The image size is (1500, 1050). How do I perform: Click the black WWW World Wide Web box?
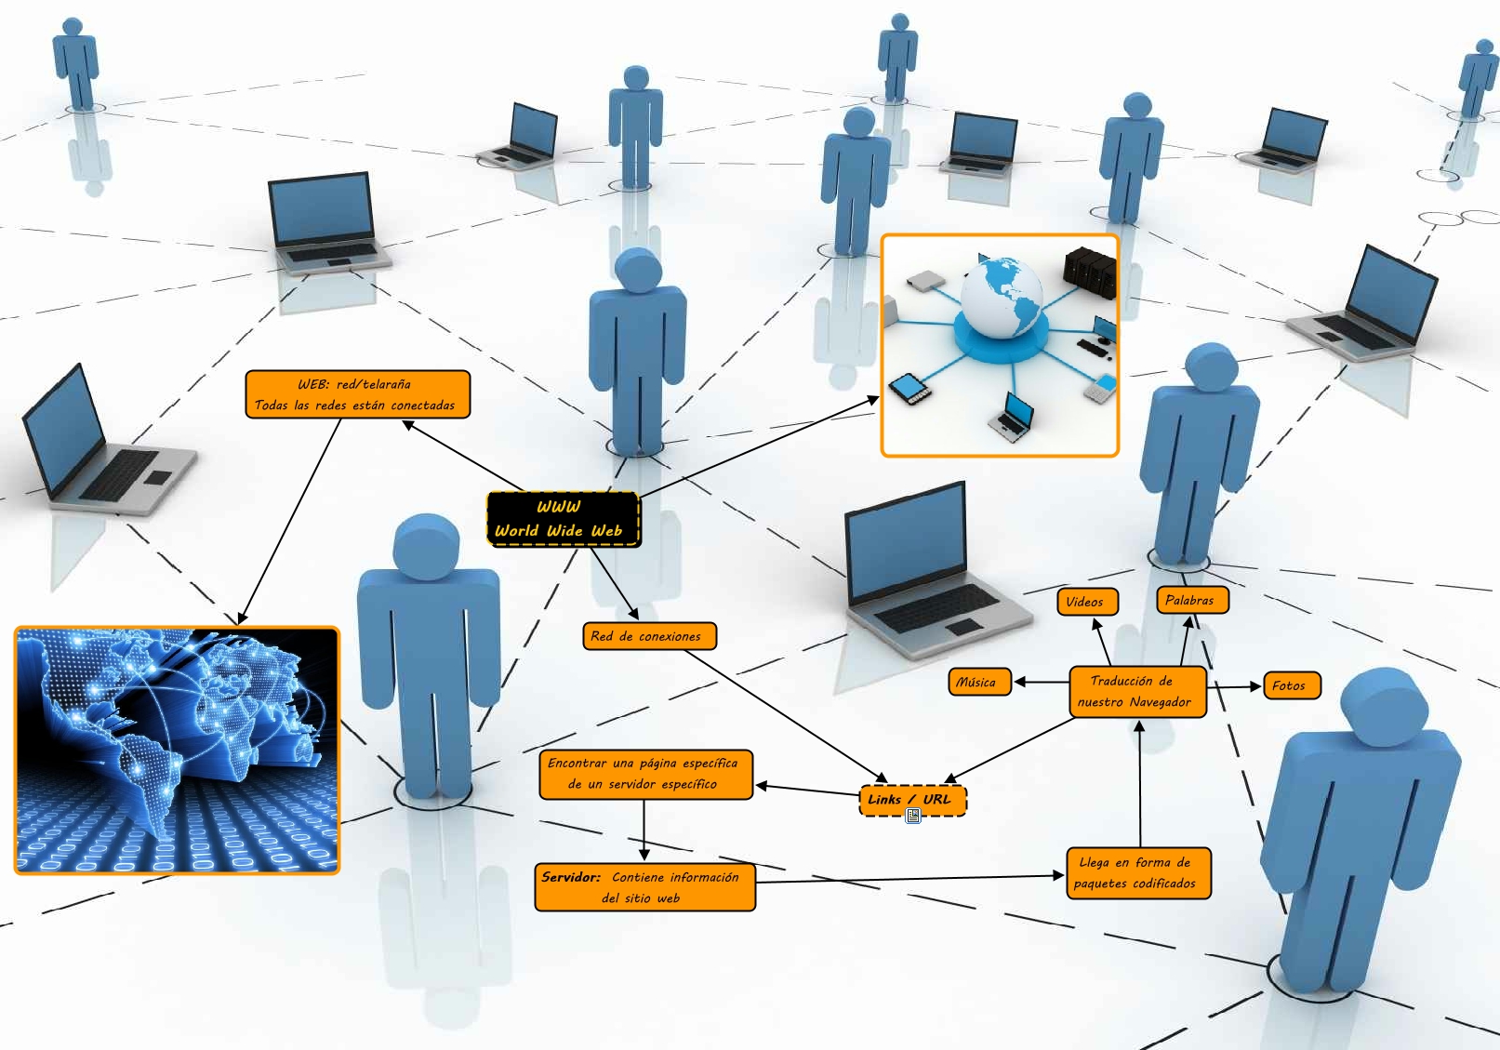pyautogui.click(x=563, y=519)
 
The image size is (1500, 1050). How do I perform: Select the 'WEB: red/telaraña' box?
pyautogui.click(x=357, y=394)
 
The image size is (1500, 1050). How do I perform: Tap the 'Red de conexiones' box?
pyautogui.click(x=649, y=636)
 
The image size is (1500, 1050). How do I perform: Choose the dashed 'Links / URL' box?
pyautogui.click(x=911, y=800)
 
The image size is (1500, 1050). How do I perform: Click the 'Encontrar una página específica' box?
pyautogui.click(x=645, y=774)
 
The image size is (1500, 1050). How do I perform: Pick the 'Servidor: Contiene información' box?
pyautogui.click(x=644, y=887)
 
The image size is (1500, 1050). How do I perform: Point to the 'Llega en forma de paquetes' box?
pyautogui.click(x=1138, y=873)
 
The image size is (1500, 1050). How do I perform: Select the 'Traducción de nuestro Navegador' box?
pyautogui.click(x=1137, y=691)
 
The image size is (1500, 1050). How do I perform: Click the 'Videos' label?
pyautogui.click(x=1087, y=602)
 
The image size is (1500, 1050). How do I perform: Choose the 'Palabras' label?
pyautogui.click(x=1191, y=600)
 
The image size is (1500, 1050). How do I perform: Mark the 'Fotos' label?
pyautogui.click(x=1292, y=685)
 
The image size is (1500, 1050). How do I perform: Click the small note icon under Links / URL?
pyautogui.click(x=913, y=816)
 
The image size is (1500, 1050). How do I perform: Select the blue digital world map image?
pyautogui.click(x=177, y=751)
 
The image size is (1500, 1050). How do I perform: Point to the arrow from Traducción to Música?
pyautogui.click(x=1041, y=682)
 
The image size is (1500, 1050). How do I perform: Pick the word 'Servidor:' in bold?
pyautogui.click(x=571, y=876)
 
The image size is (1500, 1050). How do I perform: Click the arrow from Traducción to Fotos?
pyautogui.click(x=1234, y=687)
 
